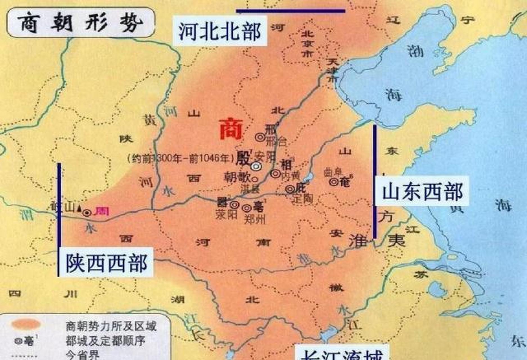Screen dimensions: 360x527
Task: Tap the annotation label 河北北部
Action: tap(220, 31)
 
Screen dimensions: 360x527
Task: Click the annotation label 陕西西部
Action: tap(107, 263)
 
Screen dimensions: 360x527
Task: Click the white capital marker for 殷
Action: tap(256, 166)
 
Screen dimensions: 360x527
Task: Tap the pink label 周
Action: tap(102, 211)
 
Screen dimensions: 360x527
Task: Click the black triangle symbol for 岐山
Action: tap(79, 208)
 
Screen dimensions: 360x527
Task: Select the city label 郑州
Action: tap(255, 219)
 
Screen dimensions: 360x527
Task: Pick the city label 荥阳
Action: tap(227, 215)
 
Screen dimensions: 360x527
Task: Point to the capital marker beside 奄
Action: tap(334, 182)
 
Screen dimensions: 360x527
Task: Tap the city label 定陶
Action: tap(303, 199)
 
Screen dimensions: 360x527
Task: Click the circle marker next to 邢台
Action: tap(260, 137)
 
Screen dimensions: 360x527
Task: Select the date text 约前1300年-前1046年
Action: tap(181, 159)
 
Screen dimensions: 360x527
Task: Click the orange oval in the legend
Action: tap(26, 324)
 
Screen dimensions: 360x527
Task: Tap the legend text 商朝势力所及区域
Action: tap(111, 326)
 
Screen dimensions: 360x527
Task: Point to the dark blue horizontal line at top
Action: tap(291, 11)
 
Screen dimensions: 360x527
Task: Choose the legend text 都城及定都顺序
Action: tap(105, 341)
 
